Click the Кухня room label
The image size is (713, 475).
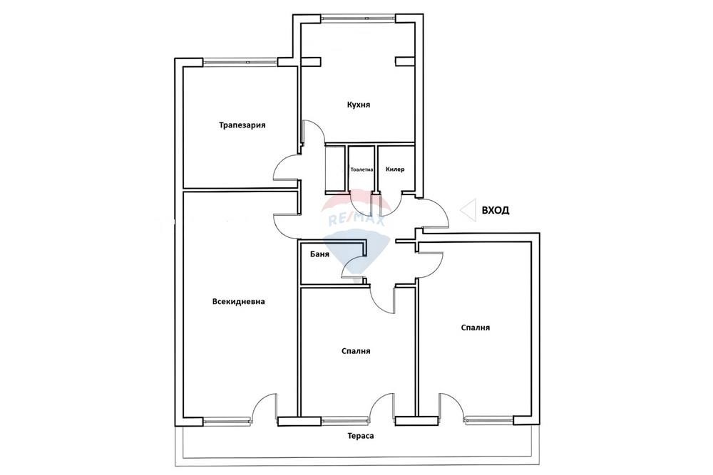(x=359, y=105)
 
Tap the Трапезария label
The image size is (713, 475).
(x=242, y=125)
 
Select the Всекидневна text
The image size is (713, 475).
(x=238, y=301)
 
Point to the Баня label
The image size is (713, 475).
(x=319, y=254)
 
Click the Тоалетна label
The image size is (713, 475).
(x=361, y=169)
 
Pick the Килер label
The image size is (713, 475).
(x=395, y=169)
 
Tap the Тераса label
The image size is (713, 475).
(x=361, y=436)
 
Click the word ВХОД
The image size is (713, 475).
(x=496, y=210)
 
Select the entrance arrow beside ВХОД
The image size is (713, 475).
(x=468, y=210)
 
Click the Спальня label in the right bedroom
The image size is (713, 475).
(x=475, y=328)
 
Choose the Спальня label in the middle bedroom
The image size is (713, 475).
(x=356, y=351)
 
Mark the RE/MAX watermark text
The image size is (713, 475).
(x=356, y=220)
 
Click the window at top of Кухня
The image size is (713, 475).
(x=359, y=19)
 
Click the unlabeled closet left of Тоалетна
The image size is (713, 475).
(x=335, y=169)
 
